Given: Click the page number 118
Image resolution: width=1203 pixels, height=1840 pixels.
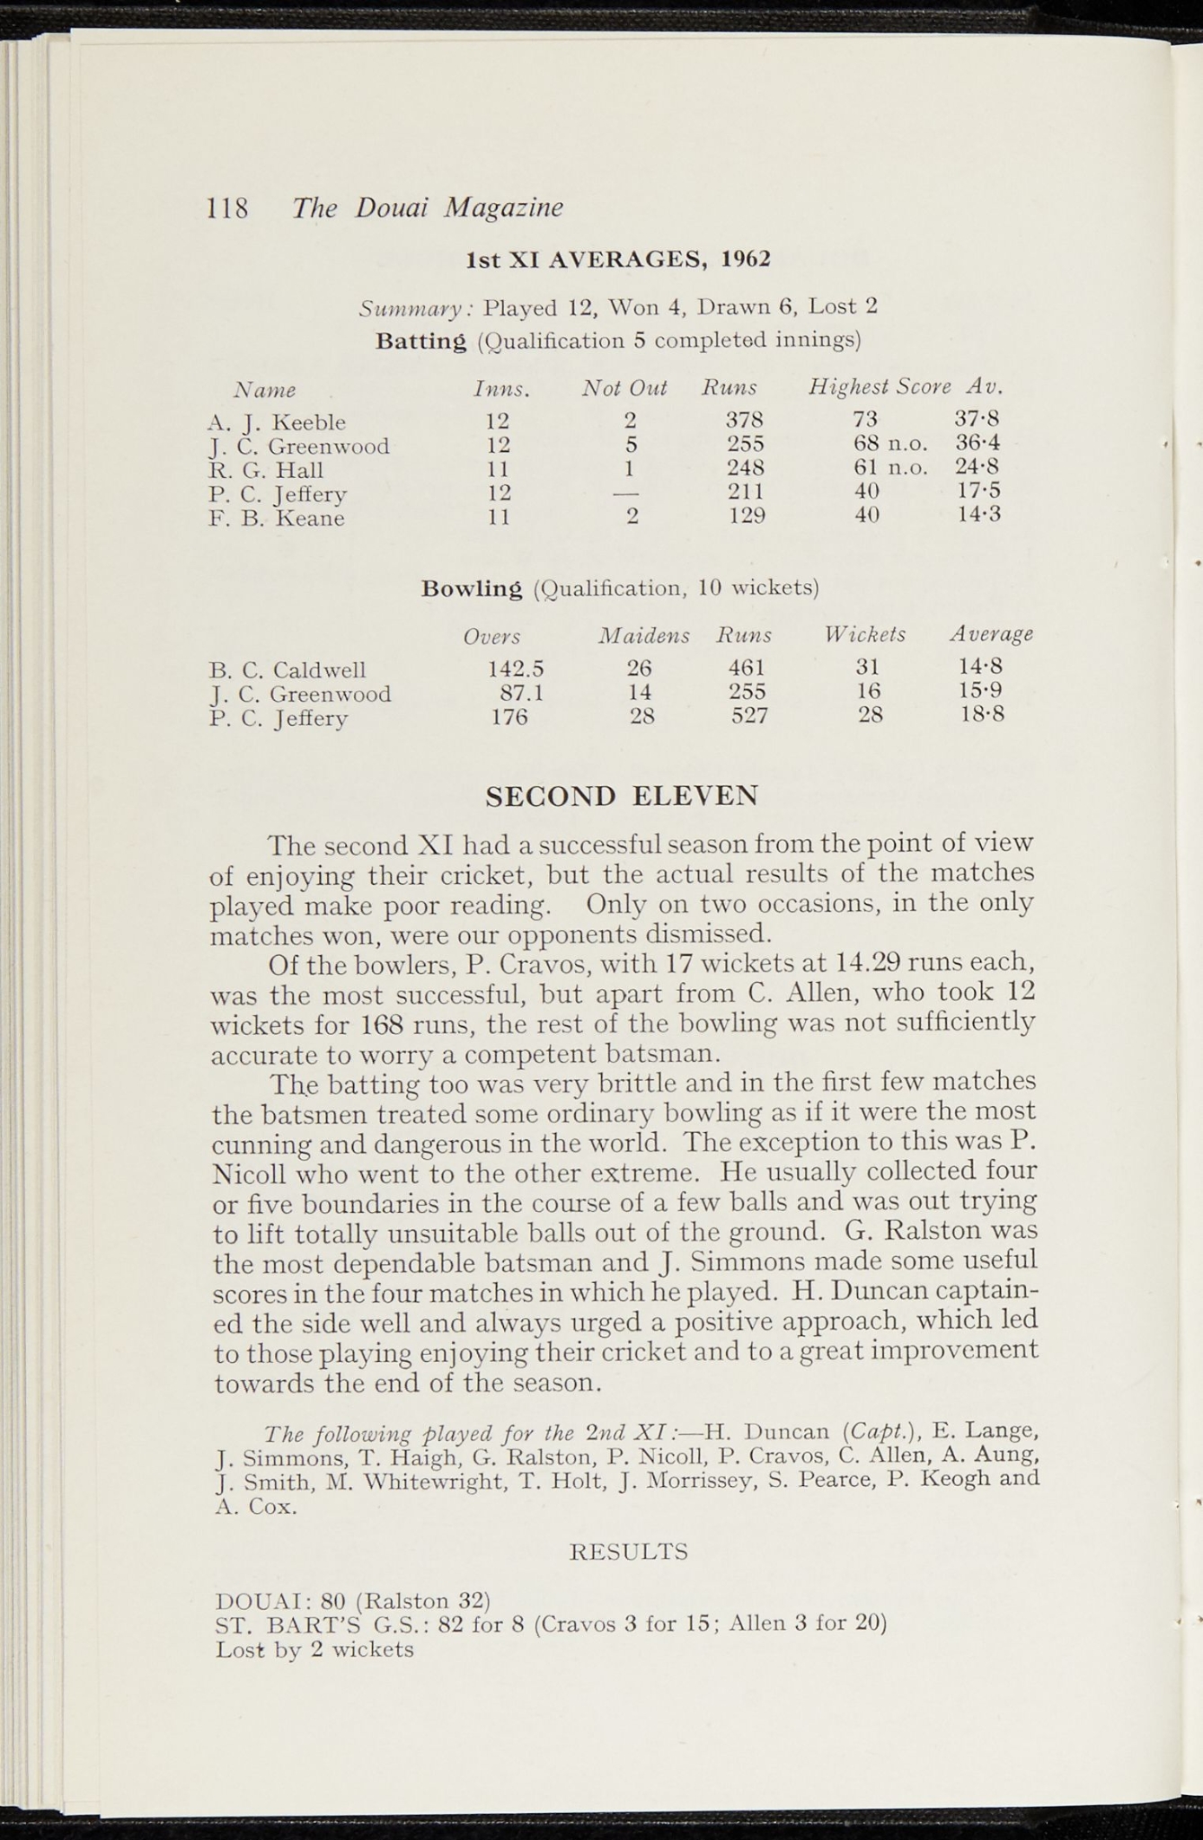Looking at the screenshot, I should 227,208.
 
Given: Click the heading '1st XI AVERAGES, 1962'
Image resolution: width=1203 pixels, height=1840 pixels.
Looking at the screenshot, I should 618,260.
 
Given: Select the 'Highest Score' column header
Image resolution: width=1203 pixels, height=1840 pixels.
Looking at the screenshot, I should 879,387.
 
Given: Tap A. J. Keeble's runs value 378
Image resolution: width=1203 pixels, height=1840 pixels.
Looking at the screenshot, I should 745,420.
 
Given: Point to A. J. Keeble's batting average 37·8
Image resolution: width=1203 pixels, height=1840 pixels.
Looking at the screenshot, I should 977,419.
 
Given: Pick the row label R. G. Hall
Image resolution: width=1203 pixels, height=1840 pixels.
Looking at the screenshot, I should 266,470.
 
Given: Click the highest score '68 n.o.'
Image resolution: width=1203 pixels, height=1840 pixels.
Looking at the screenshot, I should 890,444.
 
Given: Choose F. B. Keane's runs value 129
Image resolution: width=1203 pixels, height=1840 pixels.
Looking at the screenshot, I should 746,516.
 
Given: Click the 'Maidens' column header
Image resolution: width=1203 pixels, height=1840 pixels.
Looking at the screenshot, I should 644,636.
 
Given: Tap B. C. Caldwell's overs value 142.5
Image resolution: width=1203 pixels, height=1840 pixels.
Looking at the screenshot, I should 516,669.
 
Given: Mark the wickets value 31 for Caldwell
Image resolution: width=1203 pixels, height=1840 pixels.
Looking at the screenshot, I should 868,668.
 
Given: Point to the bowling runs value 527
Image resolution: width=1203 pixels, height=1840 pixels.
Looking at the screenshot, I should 749,715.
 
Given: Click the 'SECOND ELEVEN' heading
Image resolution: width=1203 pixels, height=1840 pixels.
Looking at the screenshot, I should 622,796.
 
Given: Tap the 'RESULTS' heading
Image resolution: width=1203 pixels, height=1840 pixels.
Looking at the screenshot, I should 629,1552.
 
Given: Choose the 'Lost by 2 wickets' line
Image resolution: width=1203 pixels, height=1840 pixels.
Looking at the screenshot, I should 314,1650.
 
